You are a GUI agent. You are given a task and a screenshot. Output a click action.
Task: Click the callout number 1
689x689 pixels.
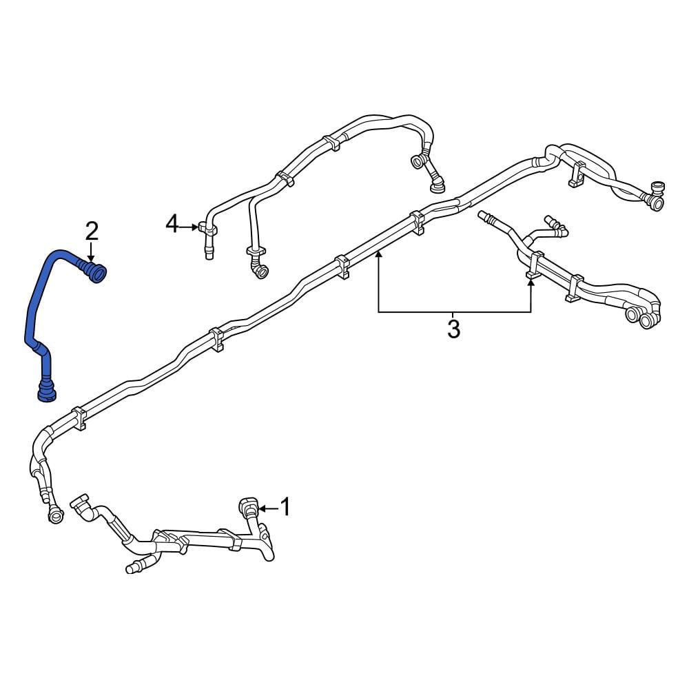point(285,506)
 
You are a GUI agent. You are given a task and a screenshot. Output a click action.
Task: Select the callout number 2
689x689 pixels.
point(92,231)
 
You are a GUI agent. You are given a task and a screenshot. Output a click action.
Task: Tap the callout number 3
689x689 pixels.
point(453,329)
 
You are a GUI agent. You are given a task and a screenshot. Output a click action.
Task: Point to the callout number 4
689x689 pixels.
point(172,224)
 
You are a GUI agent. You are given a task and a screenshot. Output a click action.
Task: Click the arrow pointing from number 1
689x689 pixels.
point(269,509)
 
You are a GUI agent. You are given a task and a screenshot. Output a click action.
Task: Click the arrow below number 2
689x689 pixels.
point(91,251)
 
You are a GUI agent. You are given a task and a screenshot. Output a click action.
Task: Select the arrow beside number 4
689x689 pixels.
point(189,227)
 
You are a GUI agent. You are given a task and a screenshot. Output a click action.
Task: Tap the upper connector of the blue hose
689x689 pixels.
point(93,271)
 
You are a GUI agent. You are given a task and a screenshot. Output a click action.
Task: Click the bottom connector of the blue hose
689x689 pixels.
point(46,390)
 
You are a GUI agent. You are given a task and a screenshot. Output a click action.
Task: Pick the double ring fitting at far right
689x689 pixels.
point(640,317)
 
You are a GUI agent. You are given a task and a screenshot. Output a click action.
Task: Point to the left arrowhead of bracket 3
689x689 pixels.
point(378,253)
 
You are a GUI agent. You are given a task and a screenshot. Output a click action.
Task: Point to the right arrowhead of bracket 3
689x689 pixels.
point(531,284)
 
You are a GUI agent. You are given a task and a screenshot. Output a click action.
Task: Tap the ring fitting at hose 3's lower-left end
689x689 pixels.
point(55,515)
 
